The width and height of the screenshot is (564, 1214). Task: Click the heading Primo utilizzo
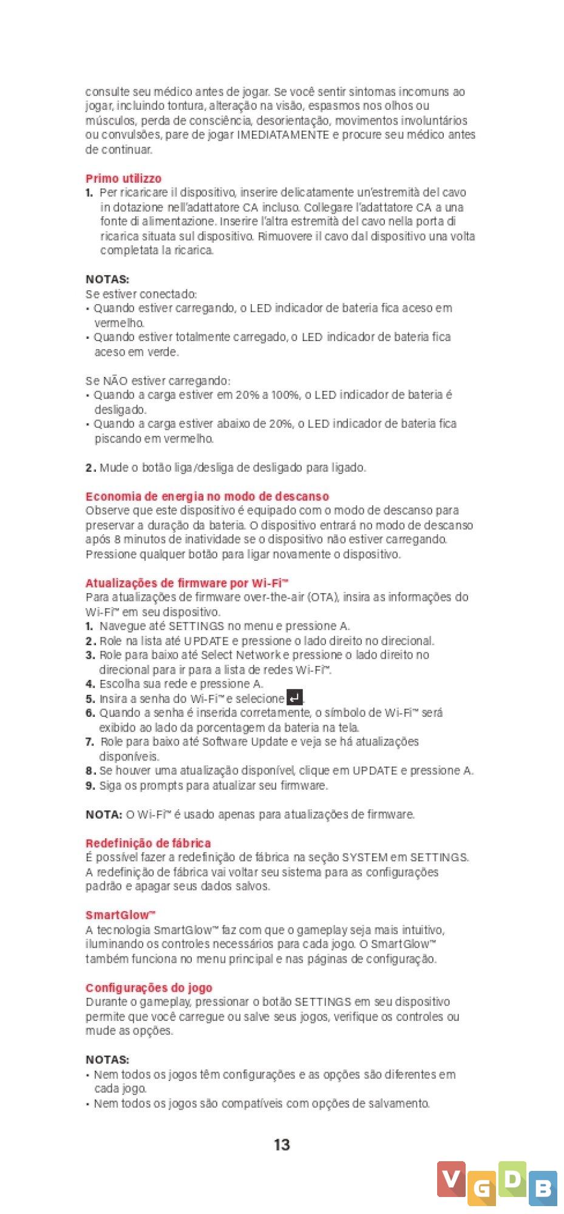pyautogui.click(x=123, y=178)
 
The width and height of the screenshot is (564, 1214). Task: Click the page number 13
pyautogui.click(x=282, y=1145)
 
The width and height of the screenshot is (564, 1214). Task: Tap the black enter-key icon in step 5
pyautogui.click(x=294, y=698)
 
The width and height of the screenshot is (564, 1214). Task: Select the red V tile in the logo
pyautogui.click(x=451, y=1179)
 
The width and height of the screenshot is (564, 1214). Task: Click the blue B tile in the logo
pyautogui.click(x=542, y=1189)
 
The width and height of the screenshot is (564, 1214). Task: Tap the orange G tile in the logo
pyautogui.click(x=482, y=1189)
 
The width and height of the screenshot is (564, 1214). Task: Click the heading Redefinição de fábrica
pyautogui.click(x=148, y=843)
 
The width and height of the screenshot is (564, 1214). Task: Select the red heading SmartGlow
pyautogui.click(x=120, y=915)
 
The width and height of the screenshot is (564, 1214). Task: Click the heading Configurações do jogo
pyautogui.click(x=149, y=988)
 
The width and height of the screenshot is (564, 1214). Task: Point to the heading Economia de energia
pyautogui.click(x=207, y=497)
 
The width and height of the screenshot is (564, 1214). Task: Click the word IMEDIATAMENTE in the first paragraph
pyautogui.click(x=283, y=135)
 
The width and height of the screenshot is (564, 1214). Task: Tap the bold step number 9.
pyautogui.click(x=90, y=785)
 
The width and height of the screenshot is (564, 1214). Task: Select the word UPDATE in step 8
pyautogui.click(x=375, y=771)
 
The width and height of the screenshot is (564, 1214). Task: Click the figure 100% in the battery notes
pyautogui.click(x=284, y=395)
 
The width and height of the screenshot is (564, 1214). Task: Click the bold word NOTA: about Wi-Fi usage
pyautogui.click(x=104, y=815)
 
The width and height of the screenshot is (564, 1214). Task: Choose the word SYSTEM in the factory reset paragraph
pyautogui.click(x=364, y=858)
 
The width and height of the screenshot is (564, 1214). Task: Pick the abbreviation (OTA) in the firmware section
pyautogui.click(x=323, y=597)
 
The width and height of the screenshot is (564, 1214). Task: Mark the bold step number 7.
pyautogui.click(x=89, y=742)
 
